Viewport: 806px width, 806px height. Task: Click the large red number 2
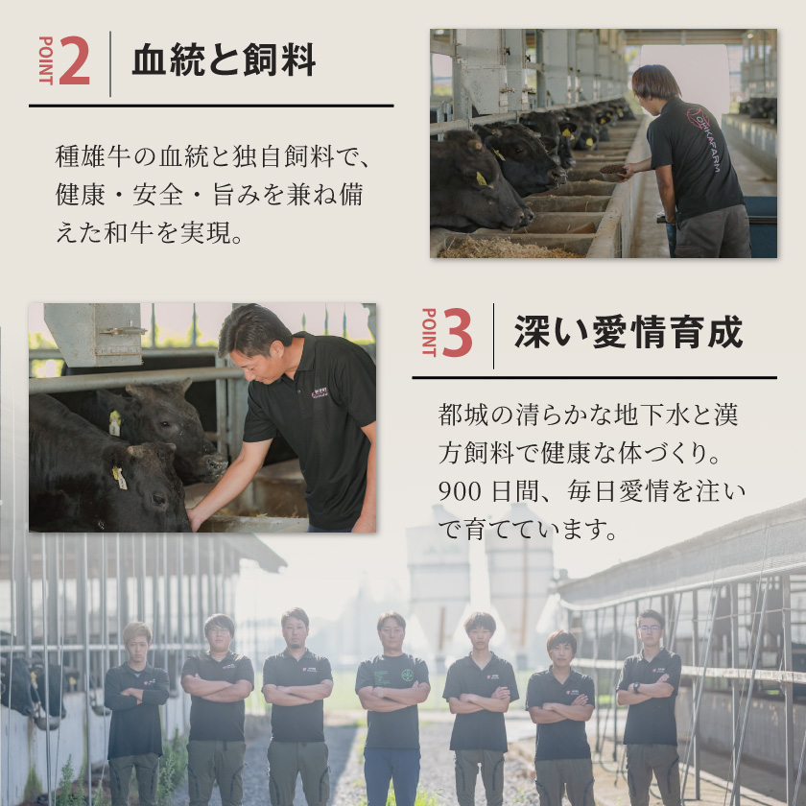click(75, 62)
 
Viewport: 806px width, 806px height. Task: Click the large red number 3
click(458, 334)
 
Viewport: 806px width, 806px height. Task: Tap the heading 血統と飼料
click(224, 61)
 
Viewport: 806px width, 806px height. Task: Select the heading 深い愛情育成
click(628, 333)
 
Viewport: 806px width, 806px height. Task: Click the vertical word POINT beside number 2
click(45, 61)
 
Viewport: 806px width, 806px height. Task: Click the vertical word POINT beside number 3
click(428, 333)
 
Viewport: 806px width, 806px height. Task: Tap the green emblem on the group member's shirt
click(407, 675)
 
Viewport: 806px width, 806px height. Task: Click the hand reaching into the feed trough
click(198, 519)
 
